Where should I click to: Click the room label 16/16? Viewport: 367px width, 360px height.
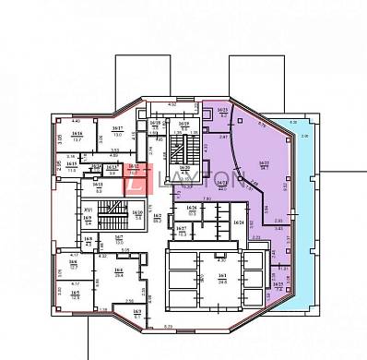click(x=77, y=135)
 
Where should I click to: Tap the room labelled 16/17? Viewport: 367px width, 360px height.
click(x=117, y=130)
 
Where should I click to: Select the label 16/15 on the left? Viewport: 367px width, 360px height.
click(x=72, y=166)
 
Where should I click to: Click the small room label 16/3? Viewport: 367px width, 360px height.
click(x=136, y=314)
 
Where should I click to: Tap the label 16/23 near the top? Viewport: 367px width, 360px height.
click(x=221, y=112)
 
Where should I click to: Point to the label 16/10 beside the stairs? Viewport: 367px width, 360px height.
click(x=137, y=215)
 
